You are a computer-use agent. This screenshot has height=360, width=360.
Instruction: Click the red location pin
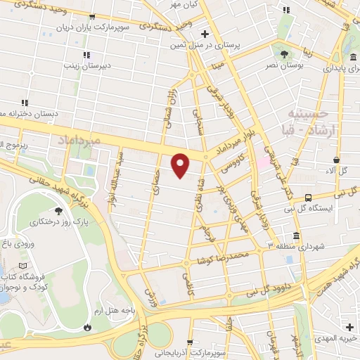point(181,165)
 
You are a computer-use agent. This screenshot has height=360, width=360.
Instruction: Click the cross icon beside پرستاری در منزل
point(204,33)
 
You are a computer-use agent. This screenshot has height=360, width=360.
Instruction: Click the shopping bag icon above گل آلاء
point(337,160)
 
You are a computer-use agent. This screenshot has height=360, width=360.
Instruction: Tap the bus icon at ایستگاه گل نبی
point(309,198)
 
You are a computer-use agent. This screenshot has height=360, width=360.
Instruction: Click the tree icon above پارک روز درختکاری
point(57,210)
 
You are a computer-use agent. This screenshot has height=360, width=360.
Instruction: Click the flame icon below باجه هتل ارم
point(86,327)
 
